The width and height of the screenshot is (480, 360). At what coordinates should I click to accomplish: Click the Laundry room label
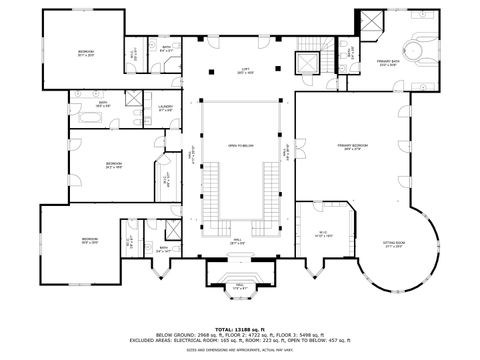tap(166, 107)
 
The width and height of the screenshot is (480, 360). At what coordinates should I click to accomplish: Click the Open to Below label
tap(240, 146)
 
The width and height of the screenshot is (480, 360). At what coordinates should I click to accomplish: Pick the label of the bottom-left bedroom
tap(89, 241)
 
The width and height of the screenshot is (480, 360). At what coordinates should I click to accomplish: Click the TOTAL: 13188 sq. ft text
tap(240, 328)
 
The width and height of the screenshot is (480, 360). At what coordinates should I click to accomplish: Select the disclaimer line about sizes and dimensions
tap(240, 349)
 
